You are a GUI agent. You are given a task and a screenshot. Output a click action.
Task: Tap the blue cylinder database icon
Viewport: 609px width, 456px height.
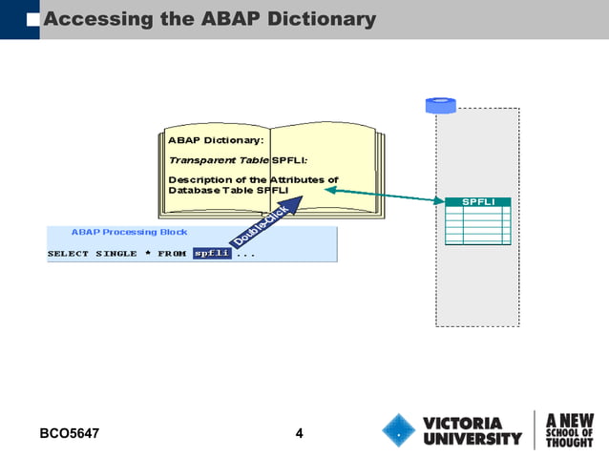(440, 105)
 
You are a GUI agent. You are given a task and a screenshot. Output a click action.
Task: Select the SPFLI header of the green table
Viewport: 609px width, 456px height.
(477, 202)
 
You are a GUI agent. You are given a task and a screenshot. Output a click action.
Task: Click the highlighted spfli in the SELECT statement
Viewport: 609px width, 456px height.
(211, 254)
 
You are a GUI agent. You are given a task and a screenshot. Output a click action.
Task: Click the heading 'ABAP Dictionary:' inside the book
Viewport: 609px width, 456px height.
(216, 139)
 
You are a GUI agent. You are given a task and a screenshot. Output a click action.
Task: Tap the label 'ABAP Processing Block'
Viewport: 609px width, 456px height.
(129, 232)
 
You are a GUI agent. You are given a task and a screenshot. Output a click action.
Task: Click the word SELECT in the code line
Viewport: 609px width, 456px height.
(68, 254)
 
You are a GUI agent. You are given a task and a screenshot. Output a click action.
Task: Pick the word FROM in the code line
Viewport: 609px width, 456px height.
(172, 254)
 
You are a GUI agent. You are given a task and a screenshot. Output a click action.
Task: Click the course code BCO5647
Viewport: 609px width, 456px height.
(70, 435)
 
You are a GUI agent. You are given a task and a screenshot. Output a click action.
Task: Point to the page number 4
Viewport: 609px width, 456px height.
(299, 435)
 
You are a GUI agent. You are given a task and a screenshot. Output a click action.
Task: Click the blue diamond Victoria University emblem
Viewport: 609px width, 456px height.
(398, 429)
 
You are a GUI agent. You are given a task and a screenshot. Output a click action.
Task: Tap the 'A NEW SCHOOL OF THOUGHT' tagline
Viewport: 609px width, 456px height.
(569, 429)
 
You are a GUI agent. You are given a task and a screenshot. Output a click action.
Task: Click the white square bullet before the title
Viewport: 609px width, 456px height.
(34, 19)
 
